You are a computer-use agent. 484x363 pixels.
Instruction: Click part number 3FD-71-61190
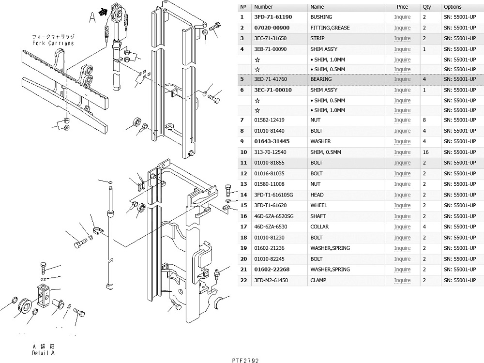pyautogui.click(x=272, y=17)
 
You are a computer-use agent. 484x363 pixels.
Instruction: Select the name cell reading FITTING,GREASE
pyautogui.click(x=330, y=28)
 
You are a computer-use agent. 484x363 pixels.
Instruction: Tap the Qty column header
pyautogui.click(x=426, y=7)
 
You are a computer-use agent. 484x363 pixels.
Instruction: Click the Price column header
pyautogui.click(x=402, y=7)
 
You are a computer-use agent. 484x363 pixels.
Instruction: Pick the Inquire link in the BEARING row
pyautogui.click(x=402, y=79)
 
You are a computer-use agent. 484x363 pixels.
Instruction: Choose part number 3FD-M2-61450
pyautogui.click(x=272, y=280)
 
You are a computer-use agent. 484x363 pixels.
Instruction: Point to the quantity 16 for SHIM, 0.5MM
pyautogui.click(x=425, y=152)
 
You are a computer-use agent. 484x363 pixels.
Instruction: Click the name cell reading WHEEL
pyautogui.click(x=318, y=205)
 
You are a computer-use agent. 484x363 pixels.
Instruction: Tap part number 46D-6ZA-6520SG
pyautogui.click(x=273, y=216)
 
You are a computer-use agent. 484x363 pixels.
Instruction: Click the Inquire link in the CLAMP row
pyautogui.click(x=402, y=280)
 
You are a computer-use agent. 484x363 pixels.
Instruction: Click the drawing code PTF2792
pyautogui.click(x=245, y=360)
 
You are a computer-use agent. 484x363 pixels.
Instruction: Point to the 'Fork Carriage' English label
pyautogui.click(x=53, y=43)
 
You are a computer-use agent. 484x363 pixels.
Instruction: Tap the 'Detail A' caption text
pyautogui.click(x=44, y=353)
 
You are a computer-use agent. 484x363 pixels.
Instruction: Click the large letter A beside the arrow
pyautogui.click(x=92, y=18)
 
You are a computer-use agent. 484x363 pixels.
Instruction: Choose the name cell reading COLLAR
pyautogui.click(x=319, y=227)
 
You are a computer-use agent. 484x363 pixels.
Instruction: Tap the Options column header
pyautogui.click(x=453, y=7)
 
